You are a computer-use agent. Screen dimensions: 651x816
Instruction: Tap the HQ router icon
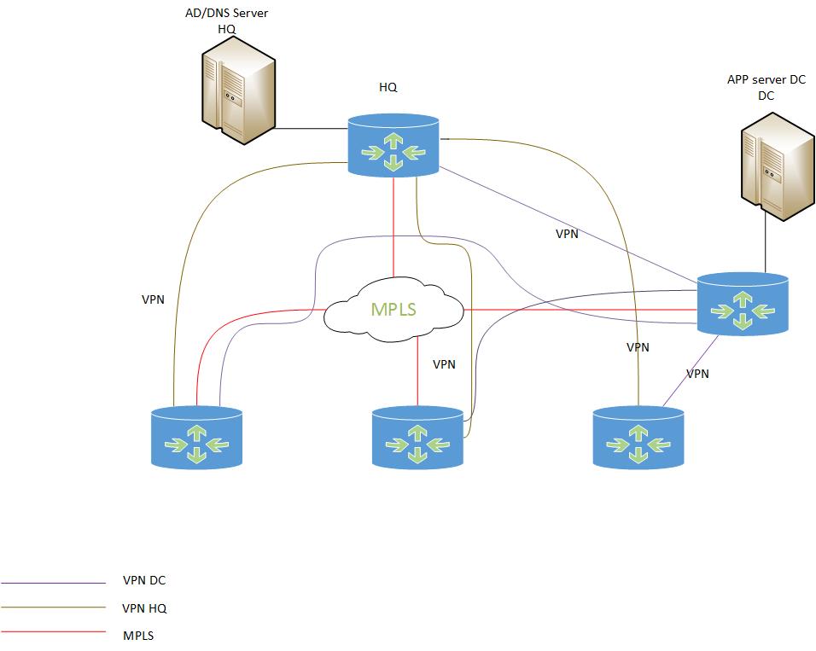[x=393, y=146]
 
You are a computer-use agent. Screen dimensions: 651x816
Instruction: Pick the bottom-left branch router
[x=196, y=438]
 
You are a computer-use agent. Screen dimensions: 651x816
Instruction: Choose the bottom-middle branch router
[x=418, y=438]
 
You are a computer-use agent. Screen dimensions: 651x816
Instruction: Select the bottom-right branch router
[x=638, y=438]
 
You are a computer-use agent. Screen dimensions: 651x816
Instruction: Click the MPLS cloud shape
[x=393, y=309]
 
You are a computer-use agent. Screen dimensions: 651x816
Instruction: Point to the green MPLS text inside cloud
[x=393, y=309]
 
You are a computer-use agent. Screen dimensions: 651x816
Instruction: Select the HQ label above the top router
[x=388, y=87]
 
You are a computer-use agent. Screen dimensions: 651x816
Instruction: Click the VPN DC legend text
[x=144, y=581]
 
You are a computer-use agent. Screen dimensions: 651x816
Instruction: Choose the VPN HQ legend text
[x=145, y=608]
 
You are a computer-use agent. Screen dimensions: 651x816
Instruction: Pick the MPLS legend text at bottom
[x=138, y=636]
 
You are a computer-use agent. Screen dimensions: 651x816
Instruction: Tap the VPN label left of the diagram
[x=153, y=300]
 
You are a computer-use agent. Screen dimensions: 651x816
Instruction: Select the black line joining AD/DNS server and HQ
[x=311, y=130]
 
